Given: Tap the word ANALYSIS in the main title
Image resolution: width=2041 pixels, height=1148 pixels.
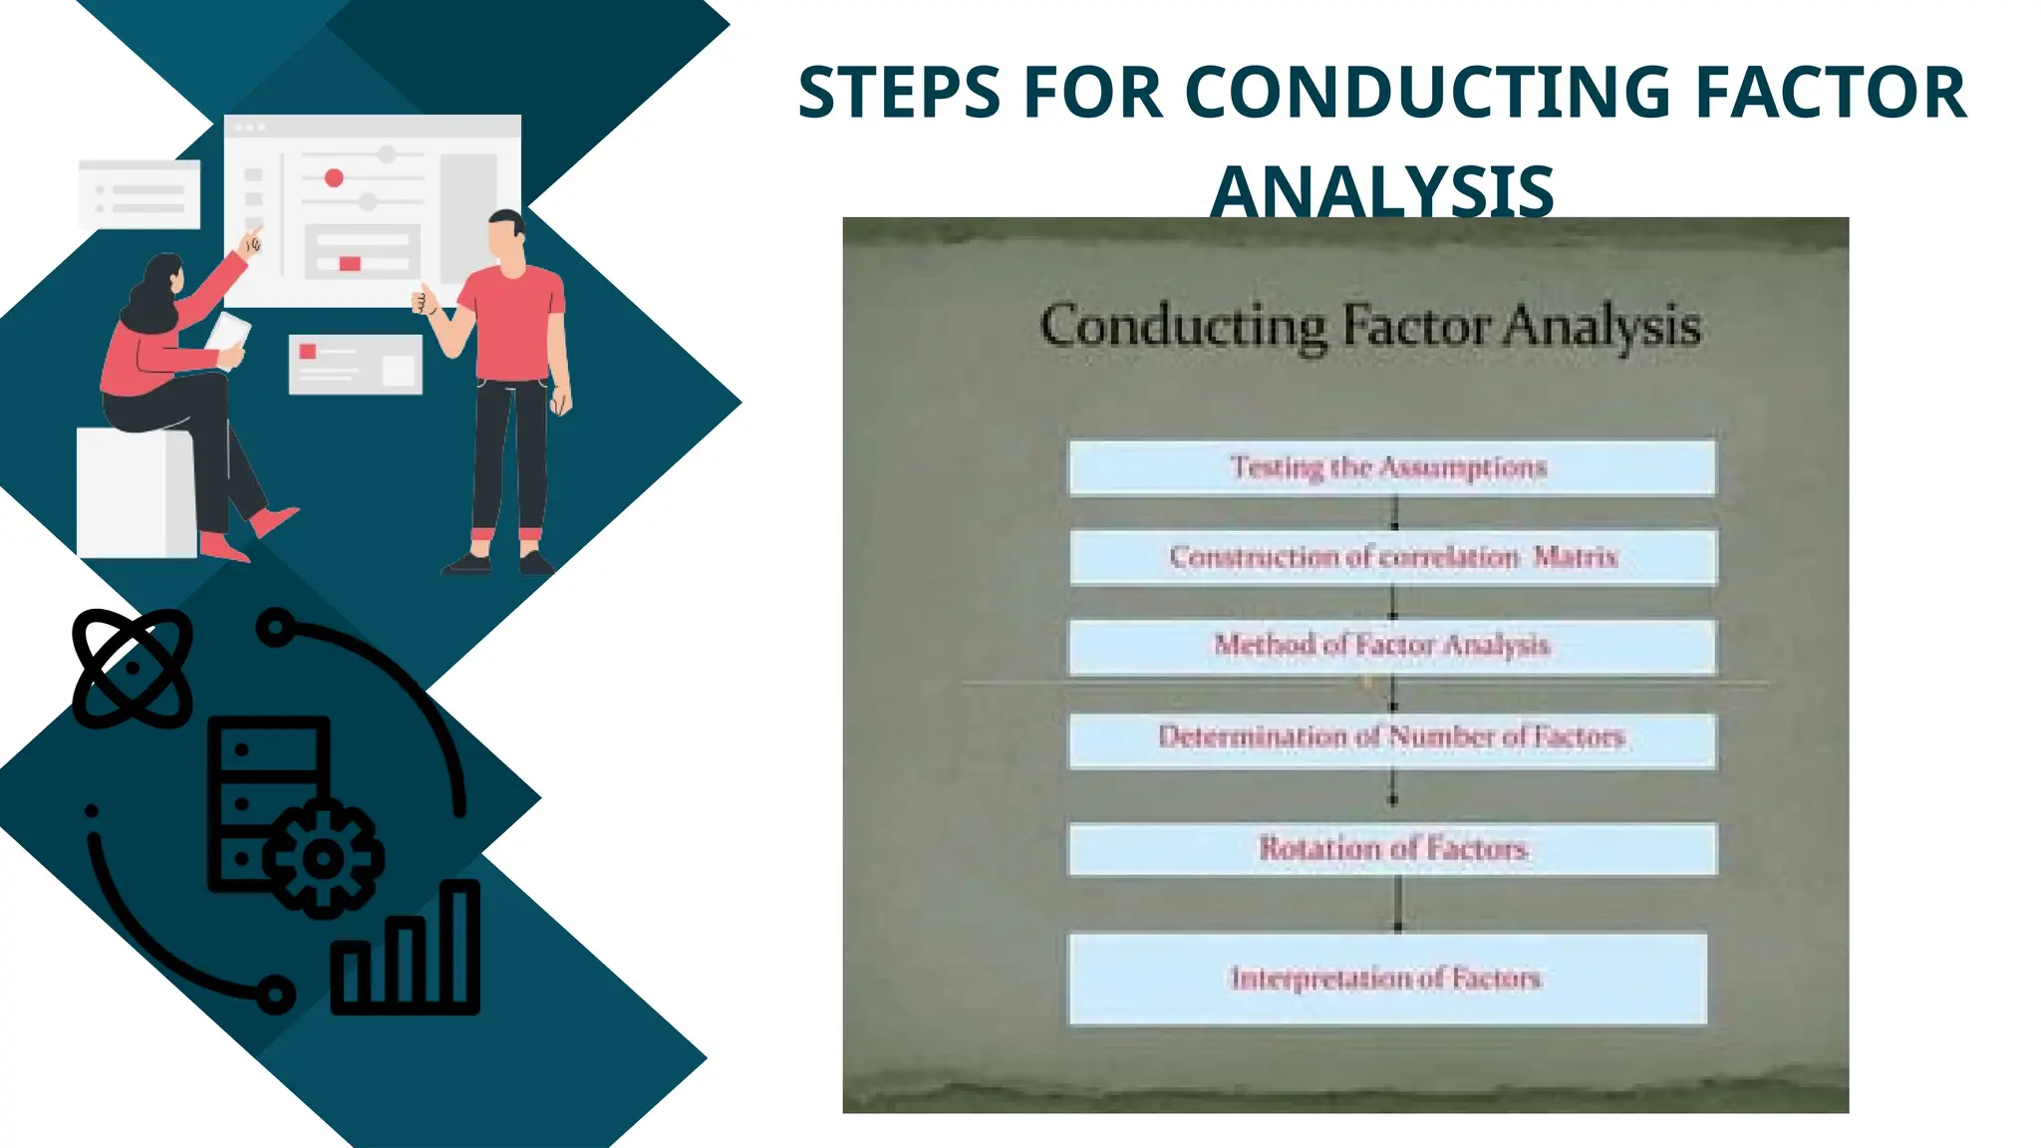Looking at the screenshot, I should coord(1382,191).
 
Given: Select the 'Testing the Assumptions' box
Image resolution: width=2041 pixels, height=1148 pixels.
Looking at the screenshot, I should coord(1391,467).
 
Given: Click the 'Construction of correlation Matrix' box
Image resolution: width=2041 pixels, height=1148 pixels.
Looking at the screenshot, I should coord(1392,557).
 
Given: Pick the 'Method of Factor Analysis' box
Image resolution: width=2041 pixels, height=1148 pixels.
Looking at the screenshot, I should coord(1391,647).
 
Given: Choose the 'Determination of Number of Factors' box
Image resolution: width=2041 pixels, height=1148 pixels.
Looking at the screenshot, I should coord(1391,738).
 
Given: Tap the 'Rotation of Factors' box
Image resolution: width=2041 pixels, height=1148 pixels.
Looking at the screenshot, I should coord(1392,849).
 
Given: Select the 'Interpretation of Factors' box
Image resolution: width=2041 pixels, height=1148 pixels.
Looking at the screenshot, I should coord(1386,979).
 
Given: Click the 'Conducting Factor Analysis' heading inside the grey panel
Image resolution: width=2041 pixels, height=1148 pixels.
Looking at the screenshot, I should coord(1370,326).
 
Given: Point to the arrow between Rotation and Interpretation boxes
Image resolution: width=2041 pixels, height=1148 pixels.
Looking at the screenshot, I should coord(1397,903).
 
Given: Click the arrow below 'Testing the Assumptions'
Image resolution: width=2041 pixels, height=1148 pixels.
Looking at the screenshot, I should coord(1394,512).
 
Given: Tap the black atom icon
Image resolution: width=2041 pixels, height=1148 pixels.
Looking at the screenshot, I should coord(132,668).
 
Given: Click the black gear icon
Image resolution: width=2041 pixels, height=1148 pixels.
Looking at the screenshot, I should coord(322,857).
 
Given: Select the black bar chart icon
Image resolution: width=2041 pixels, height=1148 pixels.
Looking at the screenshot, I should coord(407,952).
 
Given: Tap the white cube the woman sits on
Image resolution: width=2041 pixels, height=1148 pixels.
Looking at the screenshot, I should coord(134,493).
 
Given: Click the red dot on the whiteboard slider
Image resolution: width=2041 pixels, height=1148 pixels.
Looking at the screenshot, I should coord(334,177).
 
